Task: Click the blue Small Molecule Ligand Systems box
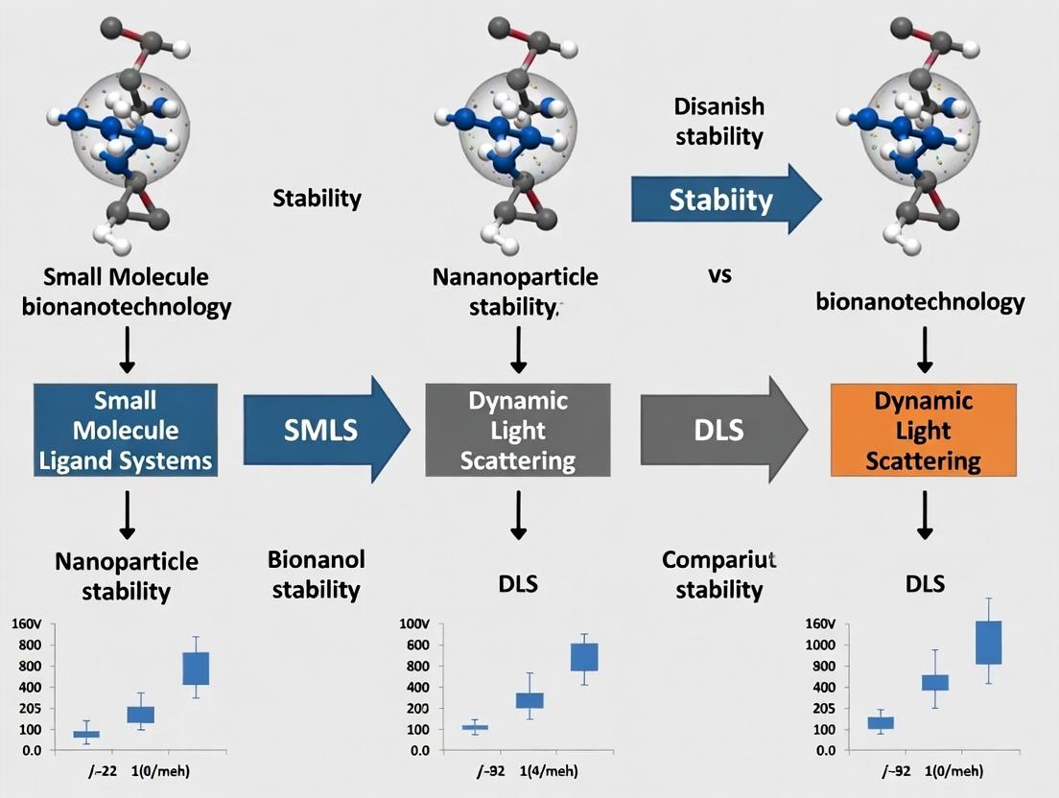125,431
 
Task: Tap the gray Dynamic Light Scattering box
518,431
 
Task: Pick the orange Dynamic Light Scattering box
923,431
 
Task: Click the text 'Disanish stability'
718,121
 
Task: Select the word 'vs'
719,274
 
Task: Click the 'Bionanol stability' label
316,574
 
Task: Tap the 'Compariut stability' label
718,574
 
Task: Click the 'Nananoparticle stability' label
515,293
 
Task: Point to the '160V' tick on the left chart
26,624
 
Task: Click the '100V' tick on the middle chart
421,624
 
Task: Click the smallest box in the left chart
86,734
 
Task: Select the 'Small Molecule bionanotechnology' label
126,293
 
